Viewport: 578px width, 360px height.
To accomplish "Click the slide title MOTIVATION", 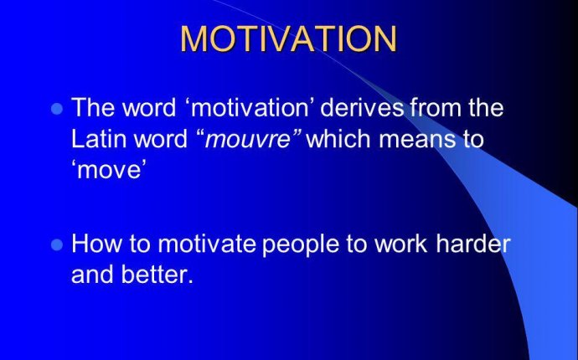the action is [x=288, y=39].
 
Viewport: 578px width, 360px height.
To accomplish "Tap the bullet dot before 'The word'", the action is [x=57, y=109].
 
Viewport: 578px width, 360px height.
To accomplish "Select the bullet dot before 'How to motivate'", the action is [x=57, y=244].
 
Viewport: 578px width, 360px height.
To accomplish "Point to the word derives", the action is [x=362, y=107].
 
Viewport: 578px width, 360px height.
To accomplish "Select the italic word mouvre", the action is [x=248, y=140].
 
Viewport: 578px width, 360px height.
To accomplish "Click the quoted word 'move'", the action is [x=107, y=169].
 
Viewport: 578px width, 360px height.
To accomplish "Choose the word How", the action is [x=95, y=244].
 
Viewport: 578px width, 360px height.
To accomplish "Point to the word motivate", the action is [x=207, y=244].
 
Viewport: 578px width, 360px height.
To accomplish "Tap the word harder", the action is [x=473, y=244].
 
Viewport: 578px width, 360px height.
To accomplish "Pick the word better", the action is [x=157, y=275].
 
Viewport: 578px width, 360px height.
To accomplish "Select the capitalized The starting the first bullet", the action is [x=92, y=107].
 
